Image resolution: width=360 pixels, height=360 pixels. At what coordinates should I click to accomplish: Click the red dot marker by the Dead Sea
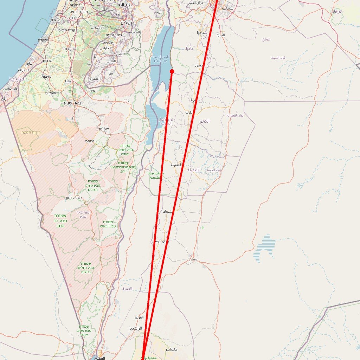click(x=172, y=71)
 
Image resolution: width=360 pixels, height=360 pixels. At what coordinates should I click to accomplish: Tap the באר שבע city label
click(x=73, y=103)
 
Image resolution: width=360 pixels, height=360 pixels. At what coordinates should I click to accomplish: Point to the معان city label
click(x=193, y=259)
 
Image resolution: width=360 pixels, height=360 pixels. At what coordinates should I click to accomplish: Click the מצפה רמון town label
click(x=73, y=198)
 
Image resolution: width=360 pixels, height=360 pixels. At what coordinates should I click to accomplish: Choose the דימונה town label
click(x=103, y=129)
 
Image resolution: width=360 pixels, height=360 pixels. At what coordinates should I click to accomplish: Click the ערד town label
click(x=127, y=101)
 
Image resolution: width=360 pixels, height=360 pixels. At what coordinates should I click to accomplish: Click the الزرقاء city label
click(x=337, y=12)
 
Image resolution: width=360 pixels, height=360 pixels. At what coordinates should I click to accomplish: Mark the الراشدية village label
click(x=135, y=328)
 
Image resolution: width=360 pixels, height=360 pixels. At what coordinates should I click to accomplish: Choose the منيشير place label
click(x=172, y=349)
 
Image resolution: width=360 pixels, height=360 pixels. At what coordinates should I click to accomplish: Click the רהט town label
click(x=67, y=81)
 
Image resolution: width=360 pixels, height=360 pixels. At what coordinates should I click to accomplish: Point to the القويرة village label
click(x=139, y=317)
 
